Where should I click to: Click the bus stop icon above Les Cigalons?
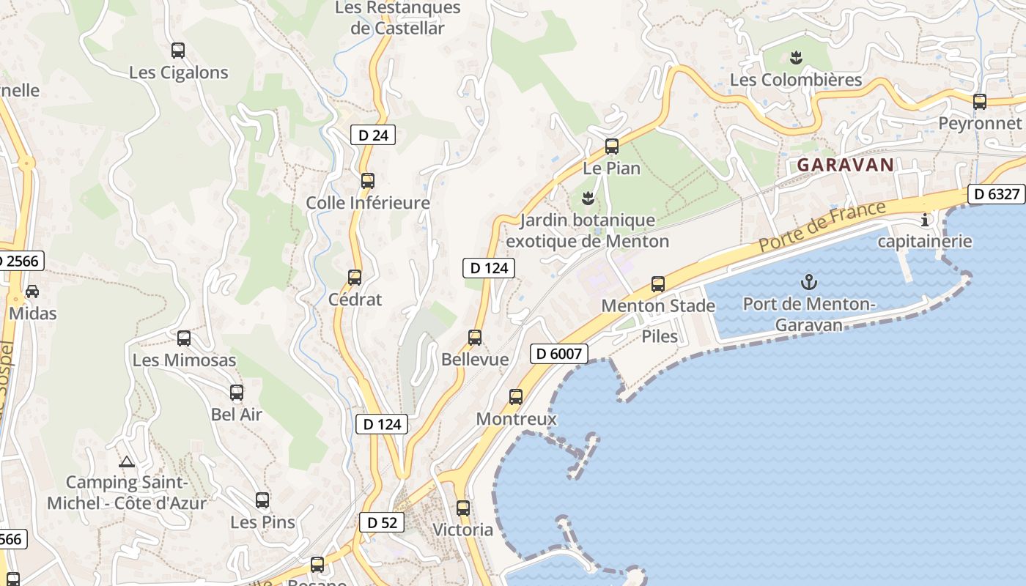coord(178,51)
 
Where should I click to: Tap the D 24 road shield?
coord(373,135)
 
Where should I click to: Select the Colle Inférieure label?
coord(368,202)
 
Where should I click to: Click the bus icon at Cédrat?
coord(355,278)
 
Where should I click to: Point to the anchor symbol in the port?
coord(809,281)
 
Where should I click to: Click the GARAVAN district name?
coord(846,165)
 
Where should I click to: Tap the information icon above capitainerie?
coord(925,219)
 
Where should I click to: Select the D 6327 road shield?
coord(997,194)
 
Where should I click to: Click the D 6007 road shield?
coord(558,354)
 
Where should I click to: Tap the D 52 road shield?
coord(382,522)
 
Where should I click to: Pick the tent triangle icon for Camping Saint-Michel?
coord(127,462)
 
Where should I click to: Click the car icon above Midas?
coord(32,292)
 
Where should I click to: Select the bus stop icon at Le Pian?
coord(612,146)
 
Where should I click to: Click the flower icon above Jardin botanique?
coord(587,197)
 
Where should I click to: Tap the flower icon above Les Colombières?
coord(796,57)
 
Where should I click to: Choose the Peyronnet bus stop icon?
coord(980,102)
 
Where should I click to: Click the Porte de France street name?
coord(822,226)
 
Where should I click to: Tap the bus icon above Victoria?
coord(463,508)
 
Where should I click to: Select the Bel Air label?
coord(237,414)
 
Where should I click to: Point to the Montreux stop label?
coord(517,419)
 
